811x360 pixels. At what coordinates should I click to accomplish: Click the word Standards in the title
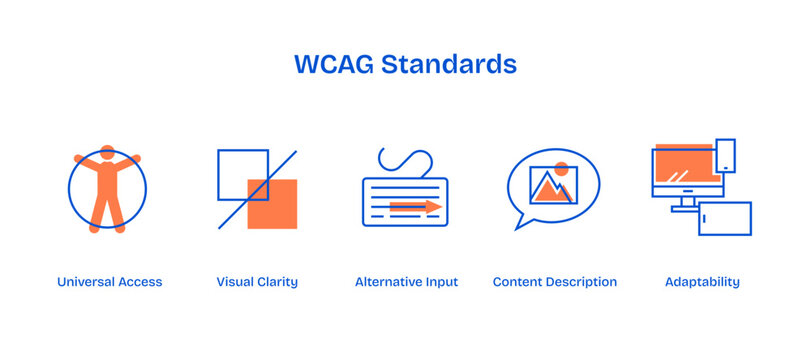[449, 65]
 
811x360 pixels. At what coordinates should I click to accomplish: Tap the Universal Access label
[109, 282]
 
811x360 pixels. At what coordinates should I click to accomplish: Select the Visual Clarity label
[257, 282]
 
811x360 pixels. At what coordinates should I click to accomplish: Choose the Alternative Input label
[406, 282]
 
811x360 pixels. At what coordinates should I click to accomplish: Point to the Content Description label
[555, 282]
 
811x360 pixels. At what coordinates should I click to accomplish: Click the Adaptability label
[702, 282]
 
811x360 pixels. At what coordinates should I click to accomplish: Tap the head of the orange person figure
[107, 154]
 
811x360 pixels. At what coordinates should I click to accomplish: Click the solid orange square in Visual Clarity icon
[273, 203]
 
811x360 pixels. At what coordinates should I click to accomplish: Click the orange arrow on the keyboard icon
[416, 207]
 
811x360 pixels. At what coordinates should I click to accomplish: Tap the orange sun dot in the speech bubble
[561, 168]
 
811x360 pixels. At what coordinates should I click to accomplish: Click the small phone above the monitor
[725, 155]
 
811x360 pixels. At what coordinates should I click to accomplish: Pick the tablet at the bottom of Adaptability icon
[725, 218]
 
